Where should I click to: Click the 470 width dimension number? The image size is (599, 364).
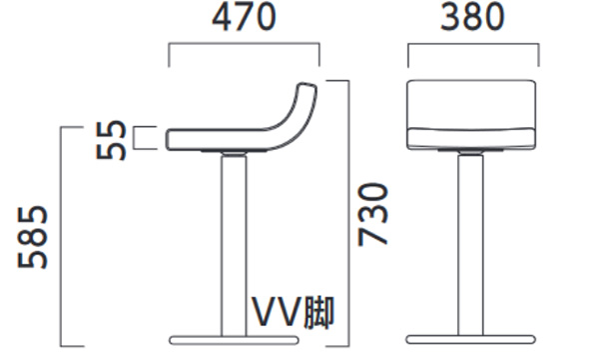click(x=244, y=18)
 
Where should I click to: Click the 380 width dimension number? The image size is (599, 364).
click(x=472, y=17)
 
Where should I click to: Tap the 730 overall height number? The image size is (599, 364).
click(x=372, y=214)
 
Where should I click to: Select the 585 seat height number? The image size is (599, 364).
click(x=33, y=237)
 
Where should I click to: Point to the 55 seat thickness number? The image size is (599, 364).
click(x=111, y=140)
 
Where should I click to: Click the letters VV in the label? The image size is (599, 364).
click(x=276, y=312)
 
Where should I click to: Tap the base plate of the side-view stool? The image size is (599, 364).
click(x=234, y=340)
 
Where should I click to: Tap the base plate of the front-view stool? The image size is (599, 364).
click(x=470, y=340)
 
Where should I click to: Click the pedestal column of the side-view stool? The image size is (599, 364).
click(x=234, y=245)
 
